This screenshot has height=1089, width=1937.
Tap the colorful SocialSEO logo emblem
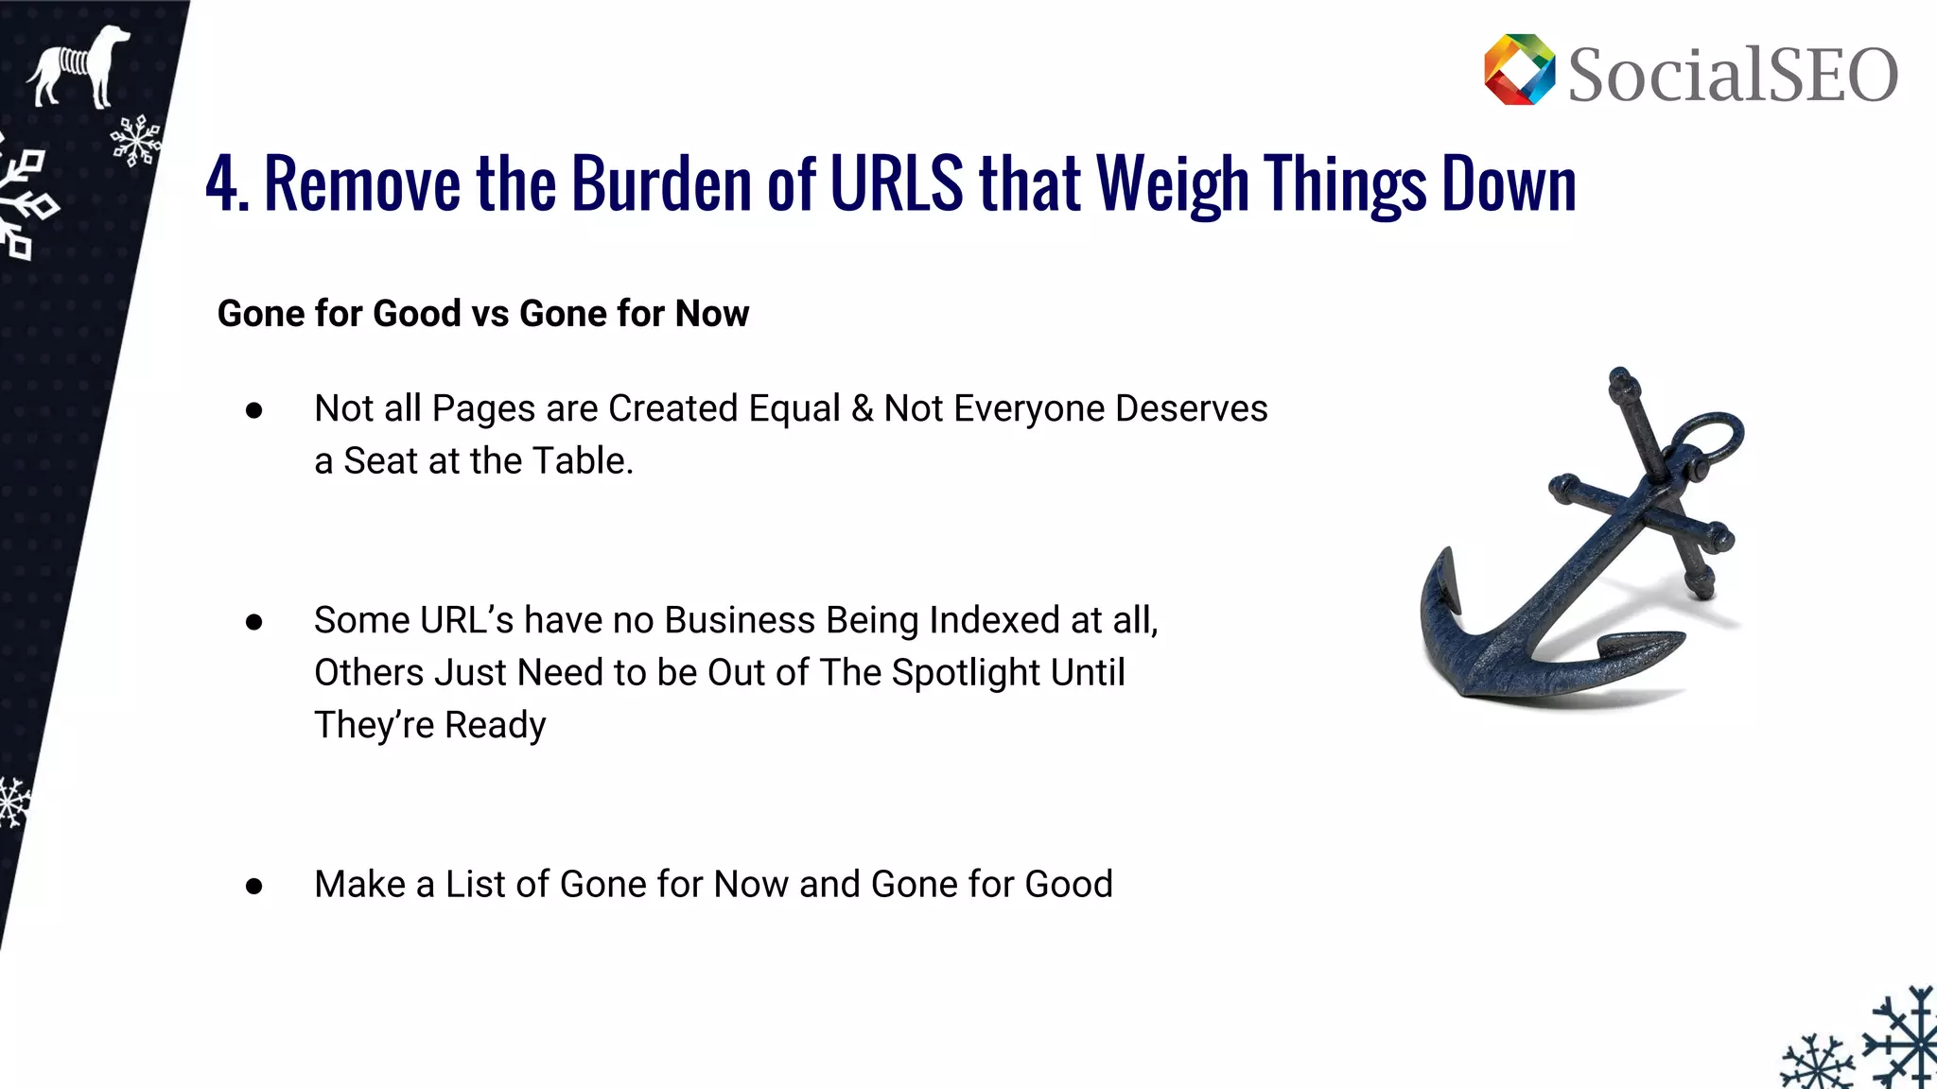[x=1519, y=70]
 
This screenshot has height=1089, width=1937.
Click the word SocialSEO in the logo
[x=1733, y=76]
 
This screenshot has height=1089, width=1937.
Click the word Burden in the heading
[x=662, y=183]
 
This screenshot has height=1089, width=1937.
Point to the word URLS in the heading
[x=897, y=183]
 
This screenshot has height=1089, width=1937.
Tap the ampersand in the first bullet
[x=862, y=408]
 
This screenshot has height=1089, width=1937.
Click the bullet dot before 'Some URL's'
[x=253, y=622]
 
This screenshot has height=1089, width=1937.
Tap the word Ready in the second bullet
[x=495, y=726]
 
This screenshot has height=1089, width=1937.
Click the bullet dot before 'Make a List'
[x=253, y=887]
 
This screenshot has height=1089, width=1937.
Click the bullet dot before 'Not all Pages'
[x=253, y=410]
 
